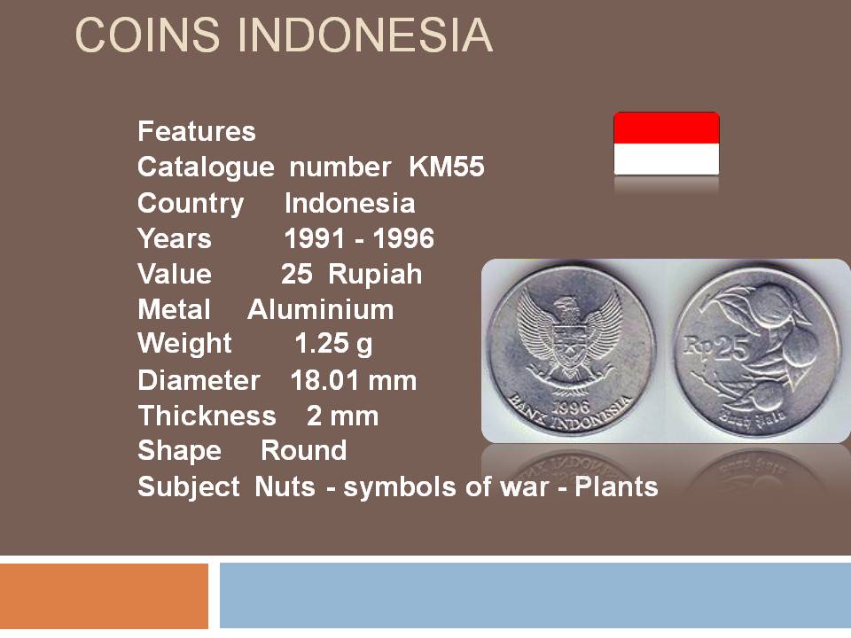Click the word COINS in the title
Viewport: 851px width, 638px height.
pos(147,35)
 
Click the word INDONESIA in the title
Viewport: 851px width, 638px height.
pos(365,35)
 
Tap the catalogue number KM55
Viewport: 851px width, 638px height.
pos(446,167)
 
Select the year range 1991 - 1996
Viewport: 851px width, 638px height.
pos(359,238)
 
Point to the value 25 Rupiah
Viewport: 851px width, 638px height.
pos(351,274)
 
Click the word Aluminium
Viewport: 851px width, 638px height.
pos(320,310)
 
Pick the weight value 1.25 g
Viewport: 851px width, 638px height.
pos(333,344)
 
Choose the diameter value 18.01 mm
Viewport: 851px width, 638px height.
pos(354,380)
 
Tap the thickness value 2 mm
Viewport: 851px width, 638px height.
pos(342,416)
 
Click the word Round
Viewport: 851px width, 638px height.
pos(303,451)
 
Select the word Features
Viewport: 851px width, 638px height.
pos(197,131)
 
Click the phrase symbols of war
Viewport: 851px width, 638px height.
pos(446,486)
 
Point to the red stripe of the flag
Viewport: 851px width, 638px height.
pos(667,128)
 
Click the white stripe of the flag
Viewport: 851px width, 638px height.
pos(667,159)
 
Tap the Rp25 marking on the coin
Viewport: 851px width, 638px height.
pos(714,347)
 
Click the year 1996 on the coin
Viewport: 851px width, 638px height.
pos(570,407)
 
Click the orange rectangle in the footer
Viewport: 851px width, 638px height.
pos(104,595)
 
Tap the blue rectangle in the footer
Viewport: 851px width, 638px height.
pos(535,595)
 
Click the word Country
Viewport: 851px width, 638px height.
pos(191,205)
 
